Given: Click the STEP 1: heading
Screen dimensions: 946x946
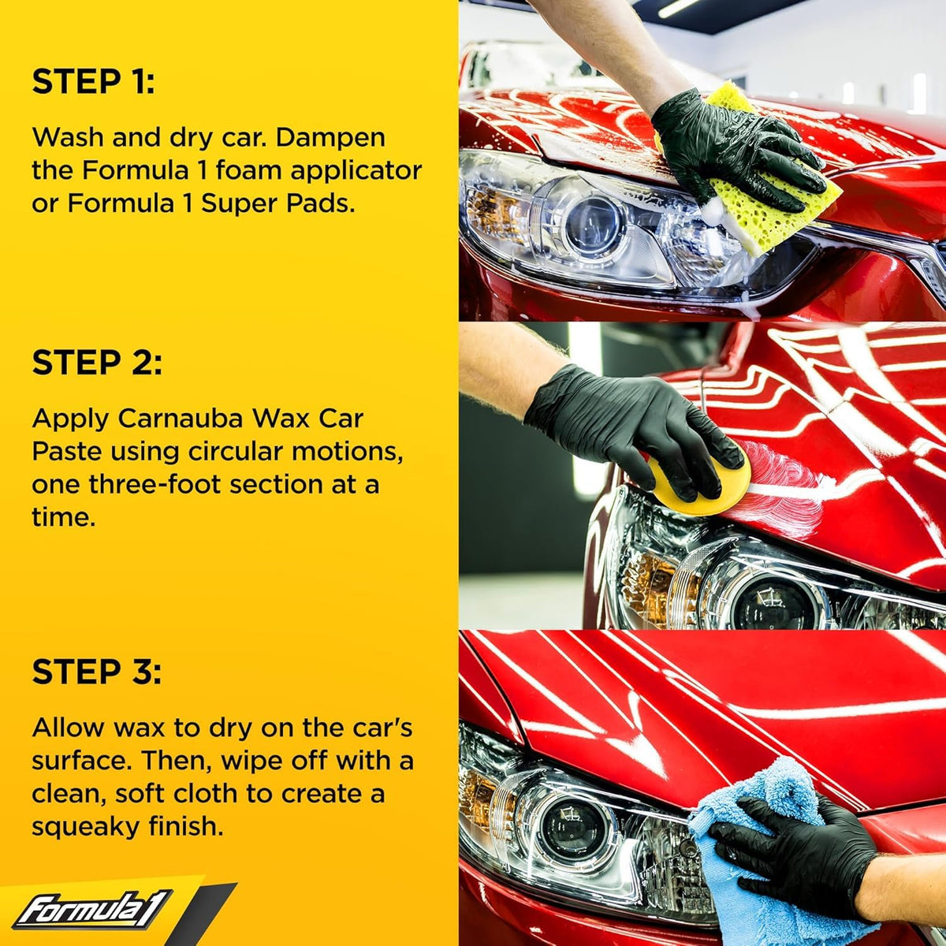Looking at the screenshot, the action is point(93,81).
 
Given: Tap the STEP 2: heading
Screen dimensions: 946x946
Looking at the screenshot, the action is point(97,363).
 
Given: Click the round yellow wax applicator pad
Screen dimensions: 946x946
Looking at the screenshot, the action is point(697,483).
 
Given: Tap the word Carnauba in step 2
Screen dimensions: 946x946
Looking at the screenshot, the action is point(181,419).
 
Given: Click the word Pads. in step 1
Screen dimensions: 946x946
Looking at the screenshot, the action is point(321,204).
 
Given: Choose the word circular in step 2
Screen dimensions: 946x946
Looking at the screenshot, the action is point(237,453).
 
